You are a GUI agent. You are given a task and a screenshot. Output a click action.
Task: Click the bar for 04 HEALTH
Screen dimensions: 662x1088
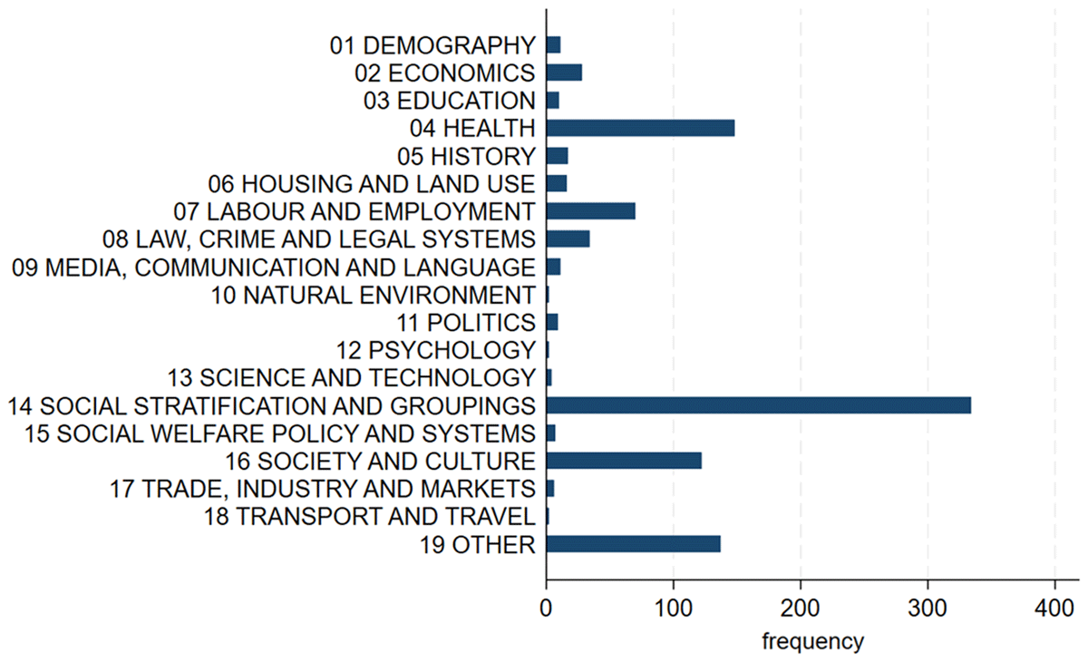(x=640, y=128)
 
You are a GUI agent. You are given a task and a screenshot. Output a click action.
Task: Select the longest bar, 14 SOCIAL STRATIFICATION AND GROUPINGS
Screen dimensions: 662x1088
(x=759, y=405)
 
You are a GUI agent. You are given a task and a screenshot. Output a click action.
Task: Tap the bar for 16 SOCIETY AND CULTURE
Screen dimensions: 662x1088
(x=624, y=461)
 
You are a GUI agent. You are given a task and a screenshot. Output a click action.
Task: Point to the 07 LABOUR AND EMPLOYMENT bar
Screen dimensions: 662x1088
(x=590, y=211)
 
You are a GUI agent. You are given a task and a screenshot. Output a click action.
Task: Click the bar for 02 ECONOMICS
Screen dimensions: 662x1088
(x=564, y=73)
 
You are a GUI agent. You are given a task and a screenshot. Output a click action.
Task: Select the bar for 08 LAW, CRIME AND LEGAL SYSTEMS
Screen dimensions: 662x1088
(x=568, y=239)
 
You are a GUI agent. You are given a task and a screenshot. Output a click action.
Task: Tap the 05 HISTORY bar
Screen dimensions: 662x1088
(x=557, y=156)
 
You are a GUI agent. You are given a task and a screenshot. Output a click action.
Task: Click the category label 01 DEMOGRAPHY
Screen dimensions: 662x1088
(x=432, y=44)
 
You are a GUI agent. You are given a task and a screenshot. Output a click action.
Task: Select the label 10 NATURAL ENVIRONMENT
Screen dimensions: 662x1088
(x=373, y=295)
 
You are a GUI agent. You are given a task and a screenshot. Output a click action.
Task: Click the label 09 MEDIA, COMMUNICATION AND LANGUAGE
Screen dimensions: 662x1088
(x=273, y=268)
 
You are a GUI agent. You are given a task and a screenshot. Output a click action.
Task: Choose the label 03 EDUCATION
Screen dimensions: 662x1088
(x=436, y=100)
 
